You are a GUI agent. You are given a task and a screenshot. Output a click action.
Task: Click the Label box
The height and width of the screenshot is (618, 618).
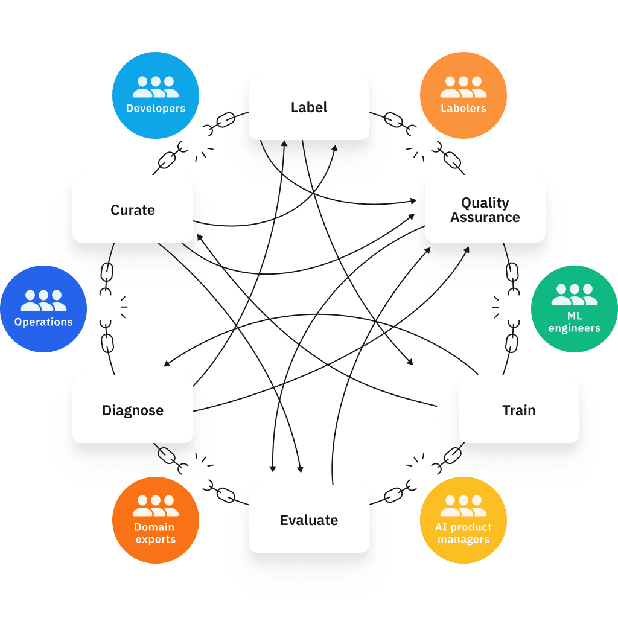[309, 106]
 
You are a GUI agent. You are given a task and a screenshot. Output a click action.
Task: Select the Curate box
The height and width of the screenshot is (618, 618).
[133, 209]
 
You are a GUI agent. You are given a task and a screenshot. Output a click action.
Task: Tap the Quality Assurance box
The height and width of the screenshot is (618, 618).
[485, 209]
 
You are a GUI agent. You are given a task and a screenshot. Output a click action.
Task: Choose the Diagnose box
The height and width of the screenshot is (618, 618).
[133, 409]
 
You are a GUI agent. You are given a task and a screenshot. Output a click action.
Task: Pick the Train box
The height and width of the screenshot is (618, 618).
[518, 409]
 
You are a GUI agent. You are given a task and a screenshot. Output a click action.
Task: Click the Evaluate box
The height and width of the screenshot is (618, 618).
[309, 519]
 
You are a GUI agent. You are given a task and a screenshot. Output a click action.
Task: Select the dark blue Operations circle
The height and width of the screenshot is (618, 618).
[43, 309]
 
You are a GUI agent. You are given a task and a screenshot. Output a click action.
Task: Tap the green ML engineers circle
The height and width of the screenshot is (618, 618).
[575, 309]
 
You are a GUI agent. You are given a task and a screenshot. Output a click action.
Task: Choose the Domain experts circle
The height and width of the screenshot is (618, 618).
[156, 520]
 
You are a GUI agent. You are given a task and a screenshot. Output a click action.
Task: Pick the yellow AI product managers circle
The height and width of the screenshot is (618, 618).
[463, 520]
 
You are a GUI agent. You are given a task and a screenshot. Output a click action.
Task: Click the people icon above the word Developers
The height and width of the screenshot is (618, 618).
[156, 87]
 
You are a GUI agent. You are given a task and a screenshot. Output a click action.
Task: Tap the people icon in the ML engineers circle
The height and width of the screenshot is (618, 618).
[575, 295]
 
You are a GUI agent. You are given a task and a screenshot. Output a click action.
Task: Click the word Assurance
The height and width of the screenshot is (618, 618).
[485, 217]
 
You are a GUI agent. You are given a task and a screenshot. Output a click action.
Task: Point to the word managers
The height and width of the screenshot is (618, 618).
[463, 539]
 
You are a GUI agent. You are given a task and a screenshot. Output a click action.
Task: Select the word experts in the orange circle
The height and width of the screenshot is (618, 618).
[156, 539]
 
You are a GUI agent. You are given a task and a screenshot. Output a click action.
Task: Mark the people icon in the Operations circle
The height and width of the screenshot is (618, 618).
[43, 301]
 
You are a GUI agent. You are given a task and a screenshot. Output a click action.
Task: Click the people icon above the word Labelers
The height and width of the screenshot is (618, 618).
[463, 87]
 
